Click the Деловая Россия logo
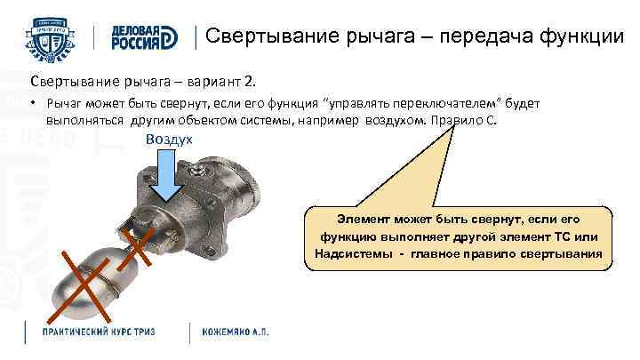[143, 36]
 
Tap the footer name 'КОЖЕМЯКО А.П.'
[236, 332]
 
